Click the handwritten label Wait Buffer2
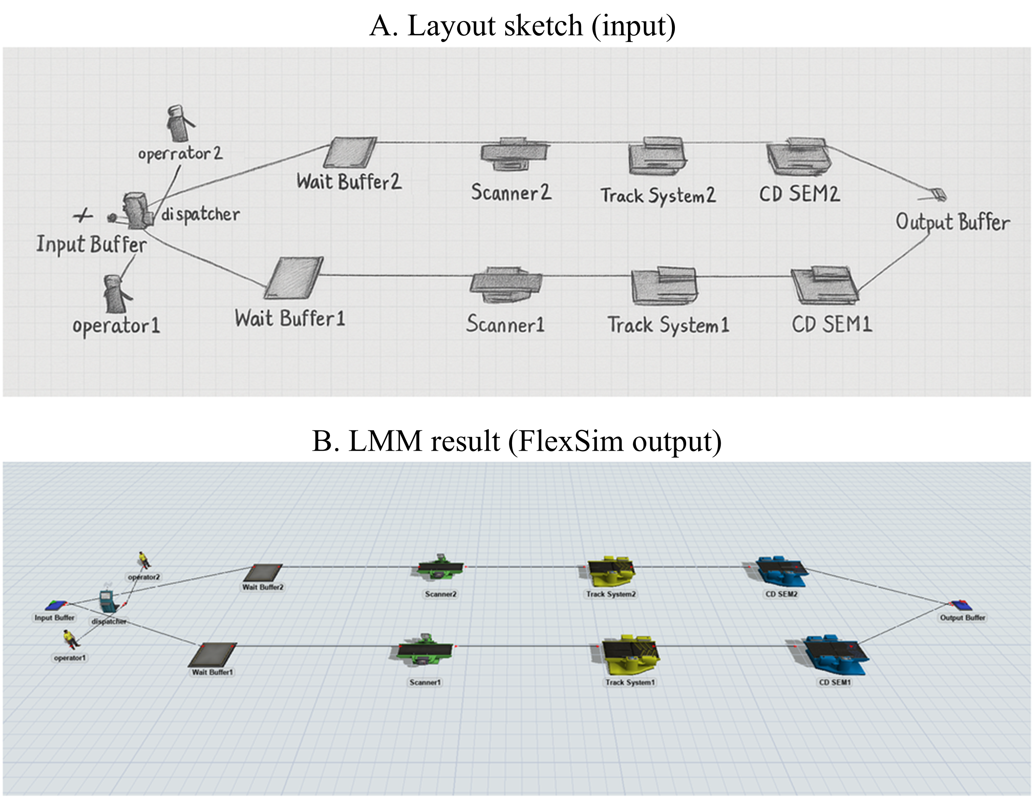349,182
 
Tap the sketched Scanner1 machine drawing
505,285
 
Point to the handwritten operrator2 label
180,153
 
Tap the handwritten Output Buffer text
953,222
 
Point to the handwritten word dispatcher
200,214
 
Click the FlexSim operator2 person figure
143,560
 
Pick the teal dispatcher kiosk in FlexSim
107,602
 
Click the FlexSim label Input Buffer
54,617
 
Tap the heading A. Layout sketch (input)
522,26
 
